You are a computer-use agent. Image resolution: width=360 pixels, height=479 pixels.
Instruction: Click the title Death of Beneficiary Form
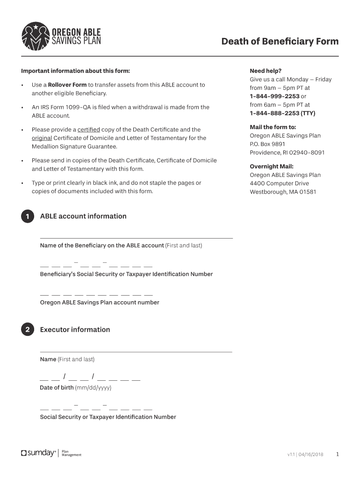280,42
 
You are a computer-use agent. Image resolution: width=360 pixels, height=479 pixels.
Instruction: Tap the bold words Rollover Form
67,85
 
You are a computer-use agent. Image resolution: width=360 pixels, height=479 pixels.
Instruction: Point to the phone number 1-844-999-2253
274,96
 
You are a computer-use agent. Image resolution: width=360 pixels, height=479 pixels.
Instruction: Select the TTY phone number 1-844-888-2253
274,113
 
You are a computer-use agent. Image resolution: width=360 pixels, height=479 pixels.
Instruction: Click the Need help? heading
266,71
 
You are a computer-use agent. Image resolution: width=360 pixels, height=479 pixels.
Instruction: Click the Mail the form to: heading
273,127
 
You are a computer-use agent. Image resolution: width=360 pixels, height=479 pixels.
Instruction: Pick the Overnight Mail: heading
272,167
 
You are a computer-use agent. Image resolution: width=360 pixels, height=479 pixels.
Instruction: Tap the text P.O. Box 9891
267,144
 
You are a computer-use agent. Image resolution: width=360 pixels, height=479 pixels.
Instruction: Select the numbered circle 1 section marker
28,217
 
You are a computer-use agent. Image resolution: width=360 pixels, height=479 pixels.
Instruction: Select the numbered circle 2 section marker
28,330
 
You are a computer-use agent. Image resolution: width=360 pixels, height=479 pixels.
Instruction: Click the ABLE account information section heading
83,216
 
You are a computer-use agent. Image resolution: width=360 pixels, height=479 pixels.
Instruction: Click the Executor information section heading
75,330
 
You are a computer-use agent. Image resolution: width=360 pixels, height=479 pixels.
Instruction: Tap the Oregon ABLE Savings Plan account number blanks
96,295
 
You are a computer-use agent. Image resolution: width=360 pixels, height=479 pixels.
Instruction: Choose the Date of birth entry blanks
90,378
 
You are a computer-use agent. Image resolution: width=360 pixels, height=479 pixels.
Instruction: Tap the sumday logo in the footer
38,453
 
